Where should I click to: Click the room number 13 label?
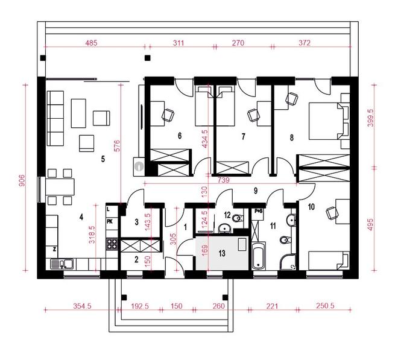tap(222, 253)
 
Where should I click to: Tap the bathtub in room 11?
tap(258, 256)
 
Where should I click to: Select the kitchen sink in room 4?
tap(62, 264)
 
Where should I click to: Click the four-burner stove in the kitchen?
tap(112, 244)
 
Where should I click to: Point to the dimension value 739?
tap(223, 180)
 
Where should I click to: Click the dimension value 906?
tap(22, 180)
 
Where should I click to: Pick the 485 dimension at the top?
tap(91, 43)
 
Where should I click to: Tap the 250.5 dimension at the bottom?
tap(325, 306)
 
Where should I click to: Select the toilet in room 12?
tap(238, 218)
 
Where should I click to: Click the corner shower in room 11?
tap(288, 262)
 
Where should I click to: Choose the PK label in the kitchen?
tap(110, 222)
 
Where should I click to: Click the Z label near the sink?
tap(54, 249)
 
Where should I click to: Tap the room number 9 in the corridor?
tap(256, 191)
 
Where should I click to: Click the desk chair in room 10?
tap(332, 213)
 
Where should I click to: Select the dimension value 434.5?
tap(204, 139)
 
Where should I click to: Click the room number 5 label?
tap(103, 159)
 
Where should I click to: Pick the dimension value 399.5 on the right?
tap(370, 118)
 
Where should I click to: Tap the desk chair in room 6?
tap(168, 115)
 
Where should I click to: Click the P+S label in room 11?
tap(258, 210)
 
